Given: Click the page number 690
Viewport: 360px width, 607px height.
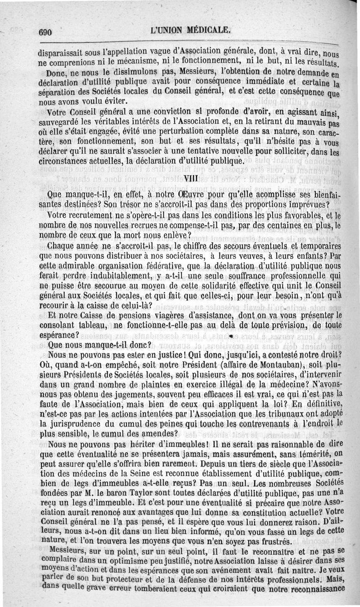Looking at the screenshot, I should (46, 32).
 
